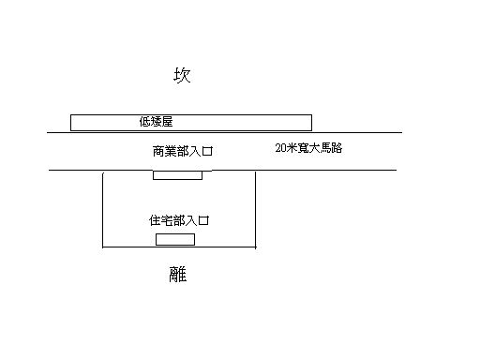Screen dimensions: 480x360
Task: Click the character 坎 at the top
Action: (x=182, y=76)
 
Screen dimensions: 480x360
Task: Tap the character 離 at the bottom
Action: (x=178, y=275)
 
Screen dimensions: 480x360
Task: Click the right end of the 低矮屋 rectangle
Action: (x=310, y=122)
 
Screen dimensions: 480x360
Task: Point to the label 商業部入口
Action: (x=184, y=150)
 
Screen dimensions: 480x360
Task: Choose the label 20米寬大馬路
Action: (x=308, y=148)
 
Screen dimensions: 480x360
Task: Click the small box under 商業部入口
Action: (x=177, y=174)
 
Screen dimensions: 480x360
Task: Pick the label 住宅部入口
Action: (x=178, y=221)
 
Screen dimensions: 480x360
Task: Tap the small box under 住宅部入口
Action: (x=175, y=239)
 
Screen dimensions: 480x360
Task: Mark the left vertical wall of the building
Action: (x=102, y=211)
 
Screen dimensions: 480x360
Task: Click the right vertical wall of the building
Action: (x=255, y=211)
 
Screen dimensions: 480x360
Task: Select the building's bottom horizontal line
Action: (x=178, y=247)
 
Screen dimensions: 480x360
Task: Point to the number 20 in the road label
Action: (x=281, y=148)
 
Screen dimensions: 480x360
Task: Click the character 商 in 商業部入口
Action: (x=158, y=150)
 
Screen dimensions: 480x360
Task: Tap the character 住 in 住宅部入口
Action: (x=155, y=221)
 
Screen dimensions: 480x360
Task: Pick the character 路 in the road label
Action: (x=336, y=148)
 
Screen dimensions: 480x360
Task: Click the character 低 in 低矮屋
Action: (x=143, y=122)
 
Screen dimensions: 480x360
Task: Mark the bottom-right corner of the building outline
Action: (x=255, y=247)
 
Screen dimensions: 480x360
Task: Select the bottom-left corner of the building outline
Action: (x=102, y=247)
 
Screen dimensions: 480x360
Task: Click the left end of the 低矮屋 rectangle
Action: (x=72, y=122)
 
